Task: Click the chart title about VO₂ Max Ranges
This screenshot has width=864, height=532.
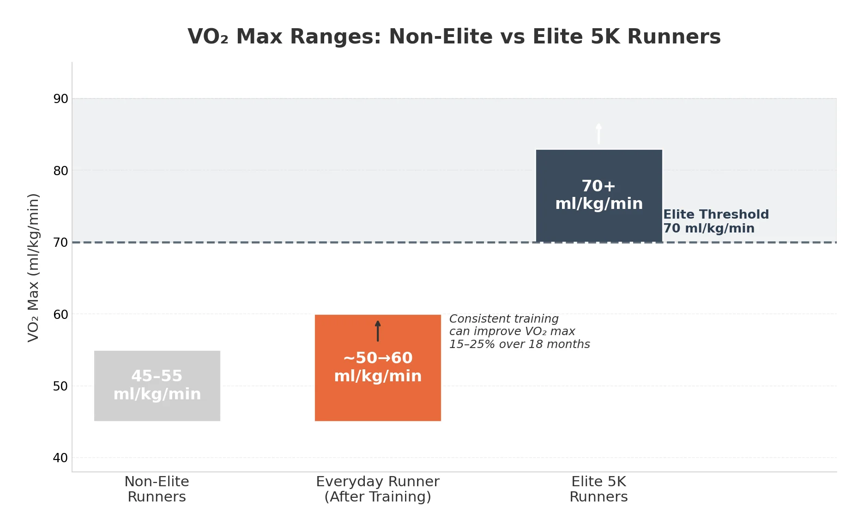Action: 454,37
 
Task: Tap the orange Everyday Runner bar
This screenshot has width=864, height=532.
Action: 378,402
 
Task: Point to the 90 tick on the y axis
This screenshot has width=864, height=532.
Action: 60,99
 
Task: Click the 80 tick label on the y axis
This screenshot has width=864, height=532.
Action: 60,171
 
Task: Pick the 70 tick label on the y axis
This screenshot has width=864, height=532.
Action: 60,243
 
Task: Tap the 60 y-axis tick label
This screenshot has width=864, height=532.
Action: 60,315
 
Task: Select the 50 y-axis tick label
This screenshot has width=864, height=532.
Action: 60,386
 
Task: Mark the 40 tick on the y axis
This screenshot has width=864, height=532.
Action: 60,458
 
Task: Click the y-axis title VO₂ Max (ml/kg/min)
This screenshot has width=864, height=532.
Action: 33,268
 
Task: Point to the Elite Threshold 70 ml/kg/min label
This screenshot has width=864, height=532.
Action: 716,221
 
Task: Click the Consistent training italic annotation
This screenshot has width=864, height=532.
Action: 519,331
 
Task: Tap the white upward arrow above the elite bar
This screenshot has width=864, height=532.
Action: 599,134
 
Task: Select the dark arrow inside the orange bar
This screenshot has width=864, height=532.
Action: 378,331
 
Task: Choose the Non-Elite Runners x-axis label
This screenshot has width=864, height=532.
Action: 157,489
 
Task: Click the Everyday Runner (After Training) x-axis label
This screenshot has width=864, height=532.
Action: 378,489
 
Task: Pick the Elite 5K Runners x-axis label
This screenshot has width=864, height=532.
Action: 599,489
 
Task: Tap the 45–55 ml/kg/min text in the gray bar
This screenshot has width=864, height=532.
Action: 157,385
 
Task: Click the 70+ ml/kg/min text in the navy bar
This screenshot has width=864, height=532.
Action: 599,195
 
